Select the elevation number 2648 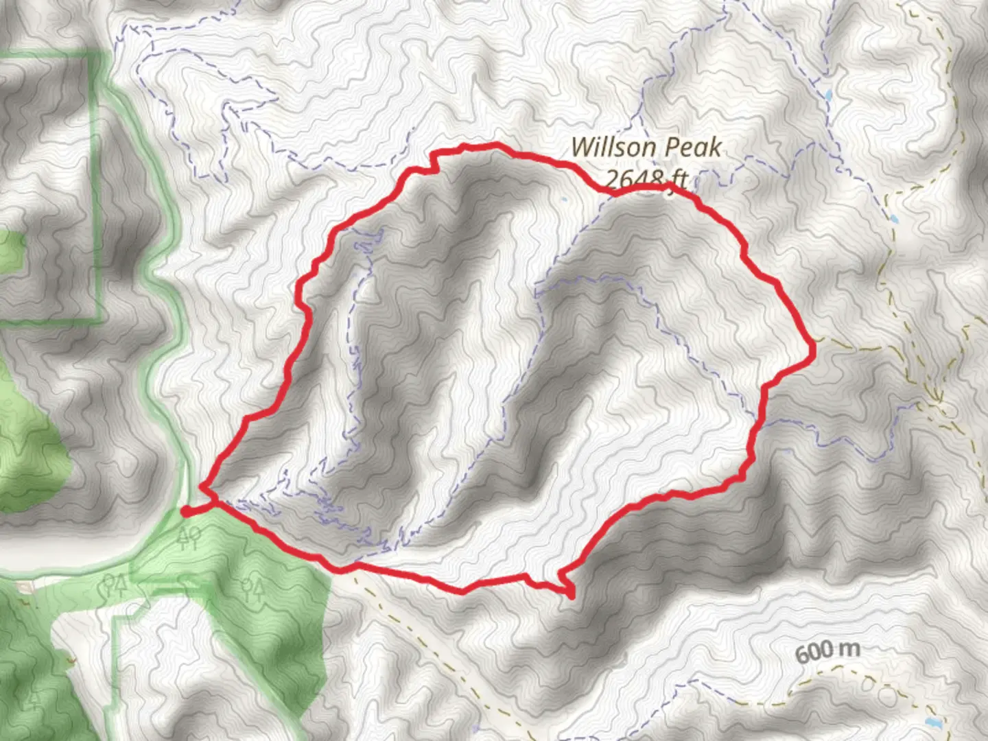pyautogui.click(x=635, y=179)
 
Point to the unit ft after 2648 pyautogui.click(x=678, y=179)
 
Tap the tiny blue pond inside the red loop pyautogui.click(x=563, y=200)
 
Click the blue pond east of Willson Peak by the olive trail pyautogui.click(x=894, y=221)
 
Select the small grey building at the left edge pyautogui.click(x=25, y=587)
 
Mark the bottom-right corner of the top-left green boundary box pyautogui.click(x=101, y=320)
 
